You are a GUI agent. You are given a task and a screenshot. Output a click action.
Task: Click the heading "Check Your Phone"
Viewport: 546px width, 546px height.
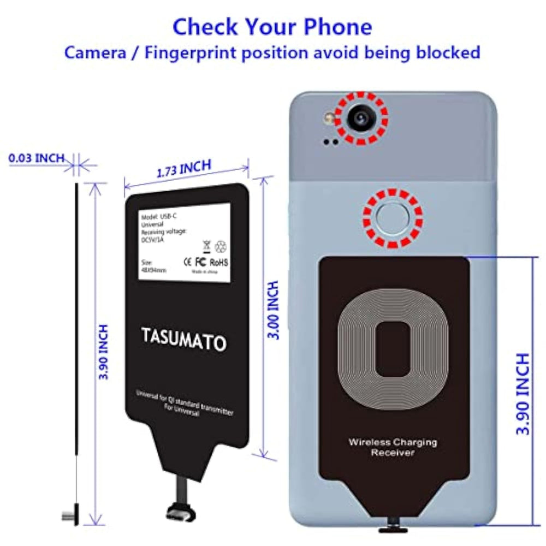pos(272,26)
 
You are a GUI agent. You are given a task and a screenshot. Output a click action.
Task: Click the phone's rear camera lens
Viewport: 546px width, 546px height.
pos(360,116)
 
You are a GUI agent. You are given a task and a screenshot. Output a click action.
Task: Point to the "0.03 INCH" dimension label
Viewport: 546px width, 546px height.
pos(36,158)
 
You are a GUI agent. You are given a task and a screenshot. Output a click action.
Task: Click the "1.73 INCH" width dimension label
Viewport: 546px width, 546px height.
pos(184,169)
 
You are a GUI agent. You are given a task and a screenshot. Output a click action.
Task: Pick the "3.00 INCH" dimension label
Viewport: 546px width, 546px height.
pos(275,310)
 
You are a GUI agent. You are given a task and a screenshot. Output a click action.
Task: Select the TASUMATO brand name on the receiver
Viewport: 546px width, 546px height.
pos(183,339)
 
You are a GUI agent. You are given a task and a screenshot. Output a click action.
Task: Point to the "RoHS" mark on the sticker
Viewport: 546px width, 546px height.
pos(219,263)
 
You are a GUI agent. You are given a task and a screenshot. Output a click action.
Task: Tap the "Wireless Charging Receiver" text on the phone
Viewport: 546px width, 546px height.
pos(393,447)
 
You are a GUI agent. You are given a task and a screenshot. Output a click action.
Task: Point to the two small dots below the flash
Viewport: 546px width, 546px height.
pos(330,141)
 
